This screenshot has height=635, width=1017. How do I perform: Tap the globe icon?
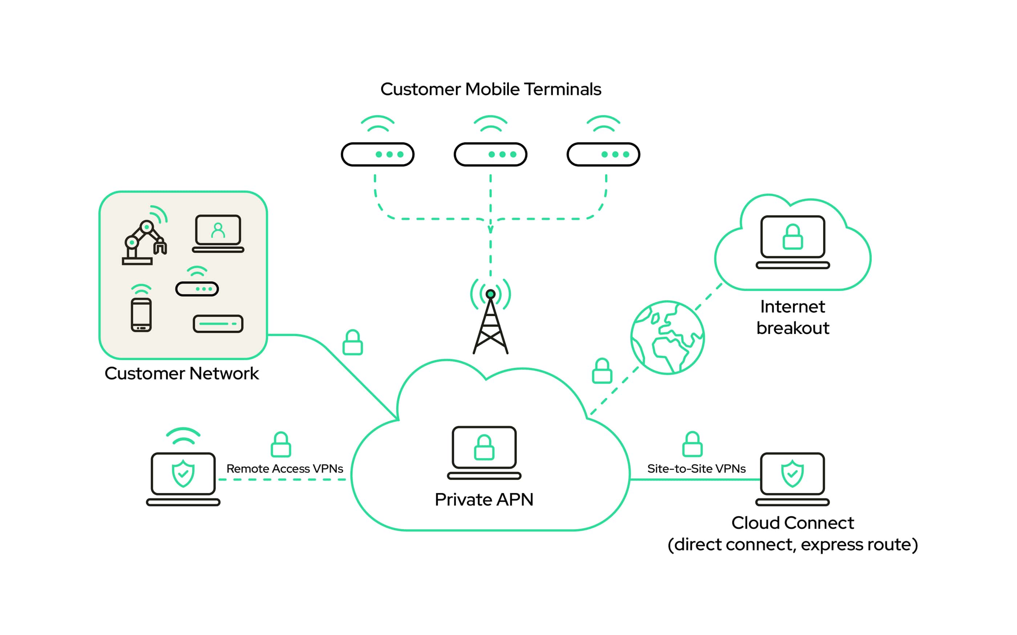tap(667, 337)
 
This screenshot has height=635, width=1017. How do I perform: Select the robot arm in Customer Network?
tap(144, 242)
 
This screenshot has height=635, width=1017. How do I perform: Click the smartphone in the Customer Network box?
tap(141, 315)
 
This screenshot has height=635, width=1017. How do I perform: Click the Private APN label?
tap(484, 500)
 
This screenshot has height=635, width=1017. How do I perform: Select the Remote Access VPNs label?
tap(284, 469)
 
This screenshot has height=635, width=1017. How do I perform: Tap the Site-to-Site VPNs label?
tap(696, 469)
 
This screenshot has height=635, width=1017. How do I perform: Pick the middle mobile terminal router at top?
tap(490, 154)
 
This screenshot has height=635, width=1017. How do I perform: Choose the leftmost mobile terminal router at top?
tap(377, 154)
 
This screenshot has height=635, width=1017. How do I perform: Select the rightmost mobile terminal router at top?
tap(603, 154)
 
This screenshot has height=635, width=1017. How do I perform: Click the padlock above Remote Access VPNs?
tap(281, 445)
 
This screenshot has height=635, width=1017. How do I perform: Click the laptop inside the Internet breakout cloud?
tap(793, 242)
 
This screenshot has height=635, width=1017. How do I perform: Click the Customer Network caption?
tap(182, 374)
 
